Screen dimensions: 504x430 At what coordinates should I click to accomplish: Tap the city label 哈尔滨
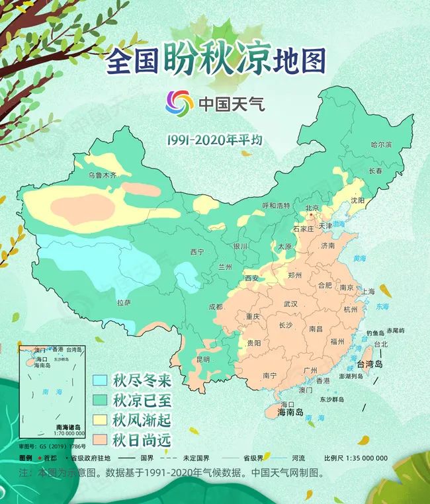pyautogui.click(x=381, y=144)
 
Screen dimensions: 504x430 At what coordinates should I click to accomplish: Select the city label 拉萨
pyautogui.click(x=124, y=302)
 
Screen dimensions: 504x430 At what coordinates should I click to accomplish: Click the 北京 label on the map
pyautogui.click(x=313, y=208)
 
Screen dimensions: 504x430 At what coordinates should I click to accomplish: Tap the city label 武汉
pyautogui.click(x=290, y=304)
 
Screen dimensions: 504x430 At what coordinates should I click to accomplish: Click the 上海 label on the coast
pyautogui.click(x=368, y=291)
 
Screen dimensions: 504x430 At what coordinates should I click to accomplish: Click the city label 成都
pyautogui.click(x=216, y=306)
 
